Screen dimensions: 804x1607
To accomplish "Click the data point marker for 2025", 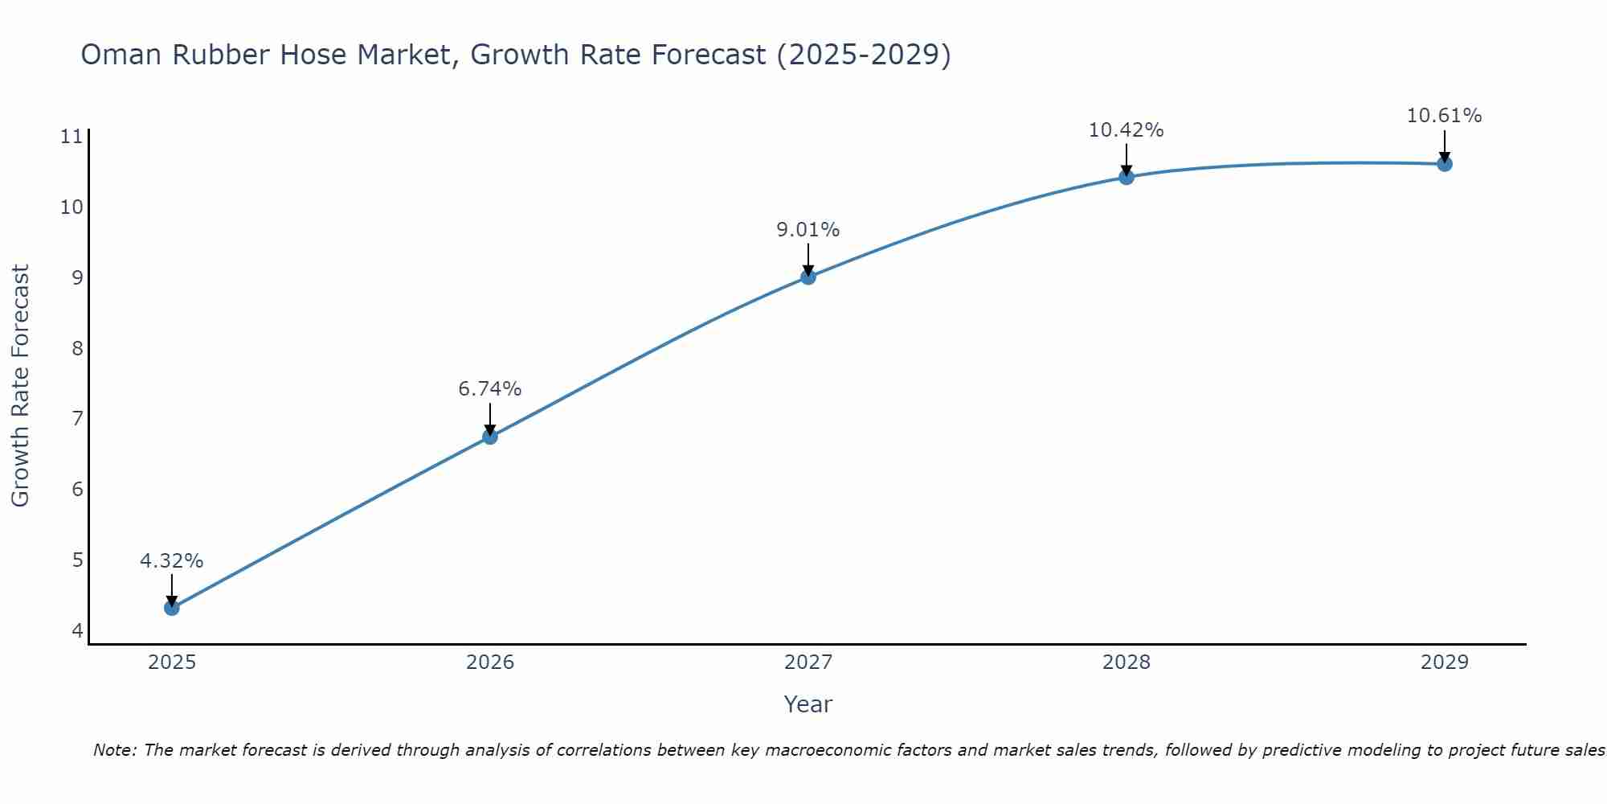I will tap(171, 608).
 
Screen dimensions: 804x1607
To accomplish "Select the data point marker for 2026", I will tap(489, 437).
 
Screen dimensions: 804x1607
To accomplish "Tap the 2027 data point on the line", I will tap(808, 277).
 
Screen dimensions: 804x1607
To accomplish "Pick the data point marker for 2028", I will tap(1126, 177).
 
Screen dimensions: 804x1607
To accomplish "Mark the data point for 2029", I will tap(1444, 164).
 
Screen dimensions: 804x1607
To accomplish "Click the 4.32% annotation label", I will tap(171, 561).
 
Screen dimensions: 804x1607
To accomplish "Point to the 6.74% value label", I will tap(489, 389).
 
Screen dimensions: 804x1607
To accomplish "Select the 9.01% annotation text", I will tap(808, 230).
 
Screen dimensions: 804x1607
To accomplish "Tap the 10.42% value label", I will tap(1126, 130).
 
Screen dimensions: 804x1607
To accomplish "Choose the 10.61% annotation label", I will tap(1444, 116).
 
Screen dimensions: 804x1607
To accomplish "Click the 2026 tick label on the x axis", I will tap(489, 662).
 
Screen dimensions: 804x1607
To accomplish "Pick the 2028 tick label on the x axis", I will tap(1126, 662).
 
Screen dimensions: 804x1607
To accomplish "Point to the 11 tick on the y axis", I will tap(72, 137).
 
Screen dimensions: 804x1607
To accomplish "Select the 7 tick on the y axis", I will tap(77, 419).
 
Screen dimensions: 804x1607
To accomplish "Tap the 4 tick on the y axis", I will tap(77, 630).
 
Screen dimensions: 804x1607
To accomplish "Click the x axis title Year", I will tap(808, 704).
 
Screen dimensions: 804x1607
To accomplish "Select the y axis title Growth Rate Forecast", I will tap(20, 386).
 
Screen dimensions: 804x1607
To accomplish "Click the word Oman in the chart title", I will tap(121, 55).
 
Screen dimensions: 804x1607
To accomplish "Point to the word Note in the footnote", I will tap(114, 750).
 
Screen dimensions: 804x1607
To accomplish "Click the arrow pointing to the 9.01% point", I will tap(808, 259).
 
